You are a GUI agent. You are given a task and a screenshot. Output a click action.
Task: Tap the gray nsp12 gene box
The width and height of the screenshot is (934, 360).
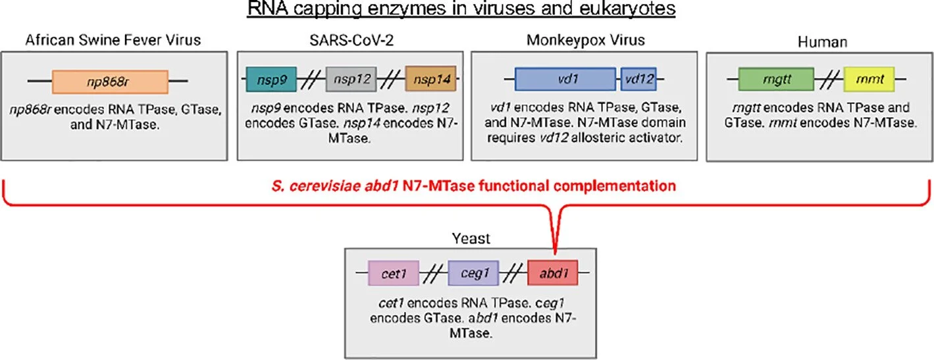[350, 82]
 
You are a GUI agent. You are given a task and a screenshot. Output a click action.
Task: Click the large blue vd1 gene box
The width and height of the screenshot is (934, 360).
[565, 81]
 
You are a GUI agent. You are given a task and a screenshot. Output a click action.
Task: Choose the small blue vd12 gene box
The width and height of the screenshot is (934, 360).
[638, 81]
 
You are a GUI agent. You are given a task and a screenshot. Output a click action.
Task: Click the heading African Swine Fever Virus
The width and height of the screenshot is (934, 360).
[113, 41]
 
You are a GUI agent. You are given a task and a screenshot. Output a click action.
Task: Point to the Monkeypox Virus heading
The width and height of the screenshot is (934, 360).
[586, 41]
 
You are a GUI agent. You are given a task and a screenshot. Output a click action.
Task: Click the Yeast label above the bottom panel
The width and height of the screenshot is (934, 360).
[472, 238]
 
